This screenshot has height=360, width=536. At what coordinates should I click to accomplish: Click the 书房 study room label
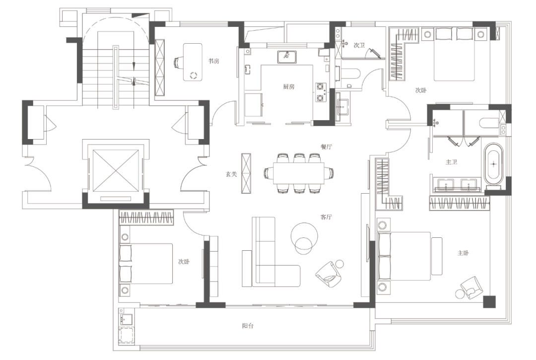point(213,61)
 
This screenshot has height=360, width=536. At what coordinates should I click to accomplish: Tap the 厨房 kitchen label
point(288,87)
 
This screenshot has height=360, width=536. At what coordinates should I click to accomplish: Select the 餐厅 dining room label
point(326,146)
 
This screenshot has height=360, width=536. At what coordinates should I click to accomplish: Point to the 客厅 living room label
point(326,217)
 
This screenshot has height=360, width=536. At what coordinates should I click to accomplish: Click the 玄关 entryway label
point(231,174)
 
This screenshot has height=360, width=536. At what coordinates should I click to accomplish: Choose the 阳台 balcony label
point(248,326)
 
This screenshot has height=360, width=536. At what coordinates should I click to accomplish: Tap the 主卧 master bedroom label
point(463,253)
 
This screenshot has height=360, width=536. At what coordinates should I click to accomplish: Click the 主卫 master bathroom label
point(451,162)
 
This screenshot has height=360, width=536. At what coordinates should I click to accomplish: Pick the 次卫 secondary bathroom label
point(359,45)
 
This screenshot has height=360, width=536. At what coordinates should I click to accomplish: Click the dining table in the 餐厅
point(298,173)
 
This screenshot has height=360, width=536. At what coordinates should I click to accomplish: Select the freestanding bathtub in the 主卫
point(493,164)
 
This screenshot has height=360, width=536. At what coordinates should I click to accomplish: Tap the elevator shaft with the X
point(116,171)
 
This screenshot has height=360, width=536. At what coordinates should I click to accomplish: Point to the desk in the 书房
point(193,62)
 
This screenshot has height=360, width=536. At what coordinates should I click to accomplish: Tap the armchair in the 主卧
point(472,287)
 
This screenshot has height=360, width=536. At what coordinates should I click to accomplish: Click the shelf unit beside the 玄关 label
point(246,173)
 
